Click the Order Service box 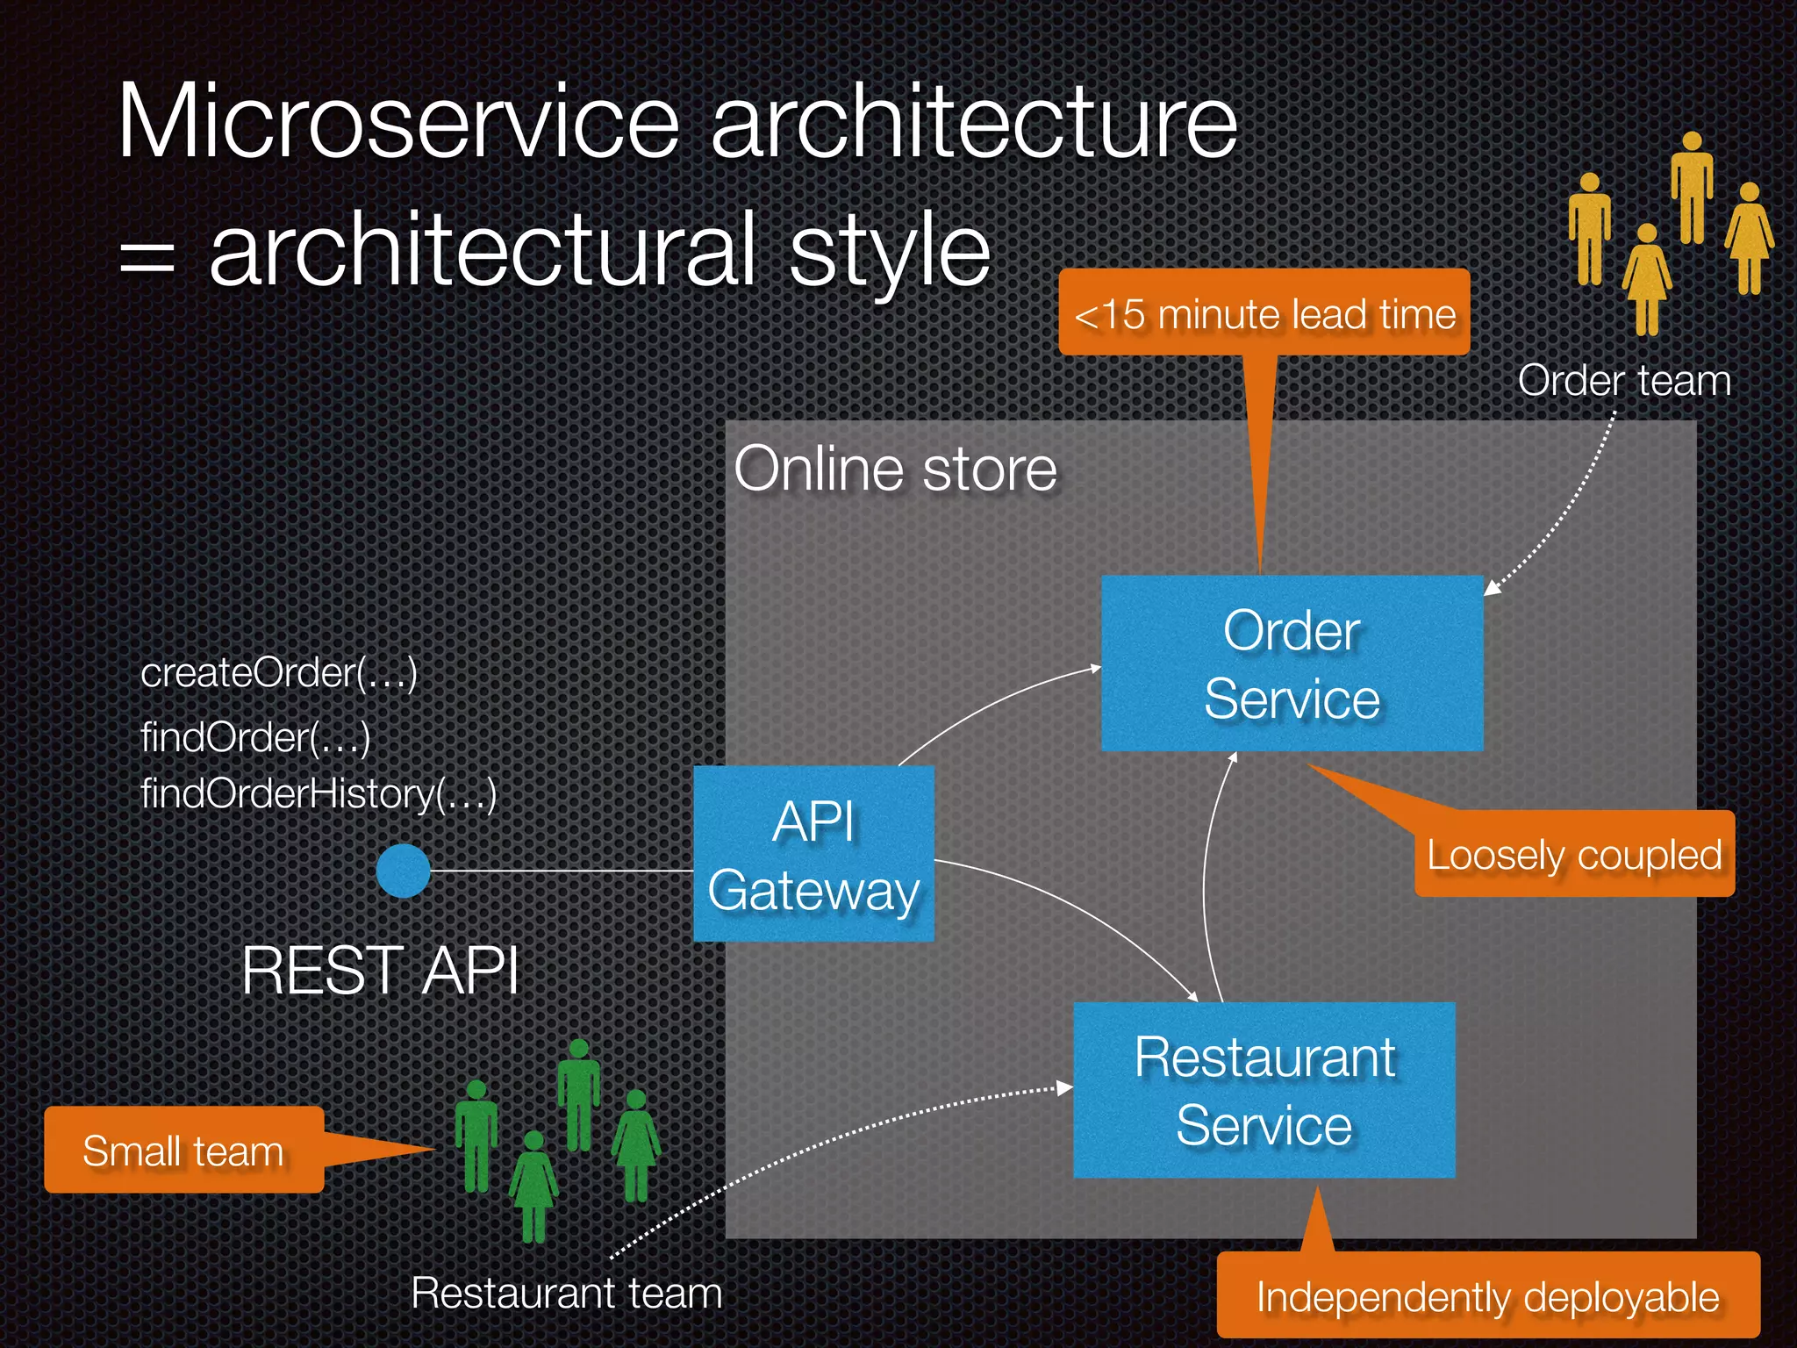coord(1292,663)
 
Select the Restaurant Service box coord(1264,1090)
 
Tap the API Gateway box coord(813,854)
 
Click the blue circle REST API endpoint coord(403,871)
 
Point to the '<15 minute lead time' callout coord(1264,313)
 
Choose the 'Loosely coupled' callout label coord(1574,855)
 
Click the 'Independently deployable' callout coord(1487,1296)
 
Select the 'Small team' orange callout coord(183,1151)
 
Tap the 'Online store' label coord(895,469)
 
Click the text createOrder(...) coord(278,673)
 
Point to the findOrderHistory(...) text coord(319,794)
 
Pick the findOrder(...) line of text coord(255,737)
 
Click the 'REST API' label coord(380,971)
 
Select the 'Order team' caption coord(1624,381)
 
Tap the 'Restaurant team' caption coord(566,1293)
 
